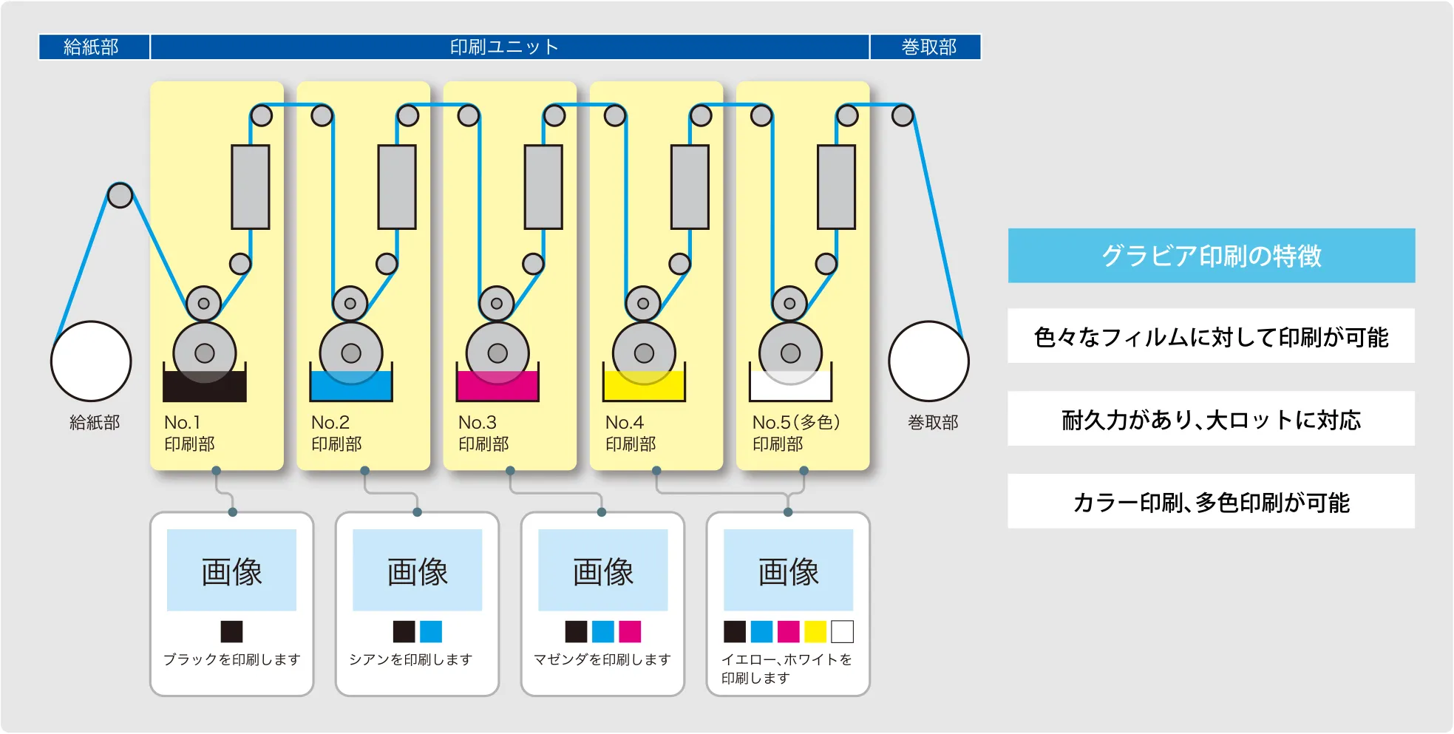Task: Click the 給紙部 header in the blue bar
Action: coord(92,47)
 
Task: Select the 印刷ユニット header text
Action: coord(504,47)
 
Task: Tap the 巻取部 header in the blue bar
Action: coord(928,47)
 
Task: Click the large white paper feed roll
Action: coord(91,361)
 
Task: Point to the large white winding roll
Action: coord(928,361)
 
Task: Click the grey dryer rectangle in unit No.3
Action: coord(543,187)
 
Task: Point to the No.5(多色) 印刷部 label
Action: coord(795,432)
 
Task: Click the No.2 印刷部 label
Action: coord(336,432)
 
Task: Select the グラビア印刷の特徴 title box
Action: coord(1211,256)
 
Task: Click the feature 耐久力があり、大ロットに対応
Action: coord(1211,419)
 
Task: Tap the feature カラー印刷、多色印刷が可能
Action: coord(1211,502)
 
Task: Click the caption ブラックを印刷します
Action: coord(231,659)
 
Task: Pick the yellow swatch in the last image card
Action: coord(815,632)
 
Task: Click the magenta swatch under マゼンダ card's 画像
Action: coord(630,632)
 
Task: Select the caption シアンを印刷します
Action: coord(411,659)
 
